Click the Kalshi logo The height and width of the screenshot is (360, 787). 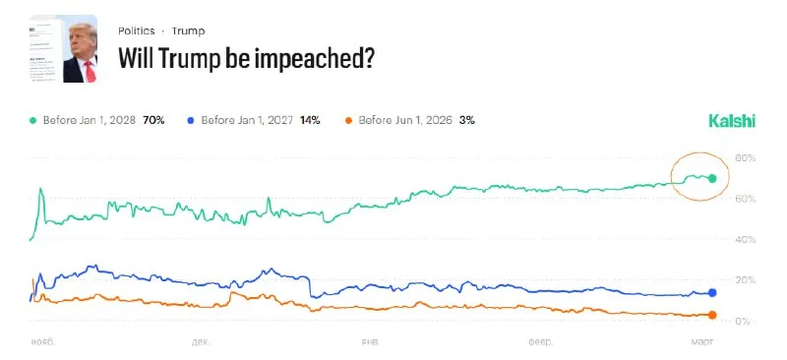point(732,121)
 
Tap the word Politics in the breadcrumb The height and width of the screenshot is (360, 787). point(137,30)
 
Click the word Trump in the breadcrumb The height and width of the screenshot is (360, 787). point(189,30)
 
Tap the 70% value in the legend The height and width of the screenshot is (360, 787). point(152,120)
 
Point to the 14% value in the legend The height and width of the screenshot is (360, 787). point(309,120)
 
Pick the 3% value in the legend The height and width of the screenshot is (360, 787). point(466,120)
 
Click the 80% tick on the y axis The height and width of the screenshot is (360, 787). point(745,158)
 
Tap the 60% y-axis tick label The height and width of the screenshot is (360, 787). point(745,199)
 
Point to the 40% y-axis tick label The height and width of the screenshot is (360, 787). point(745,240)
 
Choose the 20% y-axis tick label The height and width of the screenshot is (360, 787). point(745,281)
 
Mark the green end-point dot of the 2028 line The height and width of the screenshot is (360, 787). point(712,178)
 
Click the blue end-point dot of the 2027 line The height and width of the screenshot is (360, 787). point(712,293)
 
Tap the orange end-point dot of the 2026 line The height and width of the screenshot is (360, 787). point(712,315)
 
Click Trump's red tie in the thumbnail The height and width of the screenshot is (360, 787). point(90,70)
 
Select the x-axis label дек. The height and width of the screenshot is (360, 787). point(201,342)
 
